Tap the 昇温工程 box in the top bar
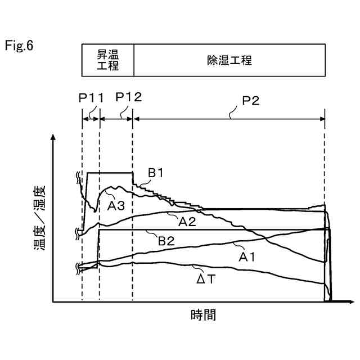(108, 60)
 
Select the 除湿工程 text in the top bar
(229, 60)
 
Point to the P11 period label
(91, 97)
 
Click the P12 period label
(128, 97)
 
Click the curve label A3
(115, 205)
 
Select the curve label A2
(187, 222)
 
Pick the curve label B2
(166, 241)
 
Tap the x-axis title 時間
(202, 315)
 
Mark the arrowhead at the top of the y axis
(53, 137)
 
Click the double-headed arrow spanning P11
(91, 118)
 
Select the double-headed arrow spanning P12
(116, 118)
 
